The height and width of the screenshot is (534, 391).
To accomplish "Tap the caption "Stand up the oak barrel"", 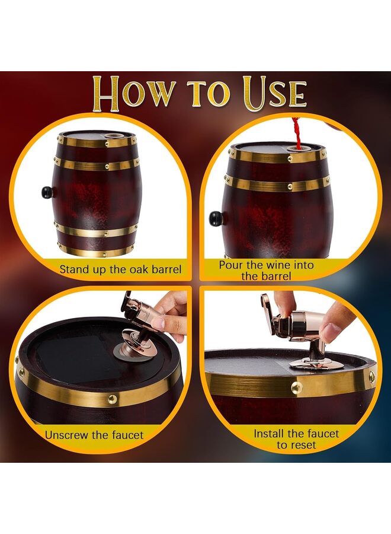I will pos(120,269).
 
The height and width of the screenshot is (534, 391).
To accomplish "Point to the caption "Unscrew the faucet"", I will pos(94,435).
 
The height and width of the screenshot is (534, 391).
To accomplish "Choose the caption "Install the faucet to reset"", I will pos(296,438).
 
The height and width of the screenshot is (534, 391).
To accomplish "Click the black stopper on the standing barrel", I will pos(47,192).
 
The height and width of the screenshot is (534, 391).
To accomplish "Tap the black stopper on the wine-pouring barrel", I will pos(216,218).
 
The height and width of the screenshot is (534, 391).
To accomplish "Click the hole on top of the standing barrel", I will pos(110,138).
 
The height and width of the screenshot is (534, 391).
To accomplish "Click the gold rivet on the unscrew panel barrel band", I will pos(112,399).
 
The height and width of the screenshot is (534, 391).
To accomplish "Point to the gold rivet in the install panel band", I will pos(296,387).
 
